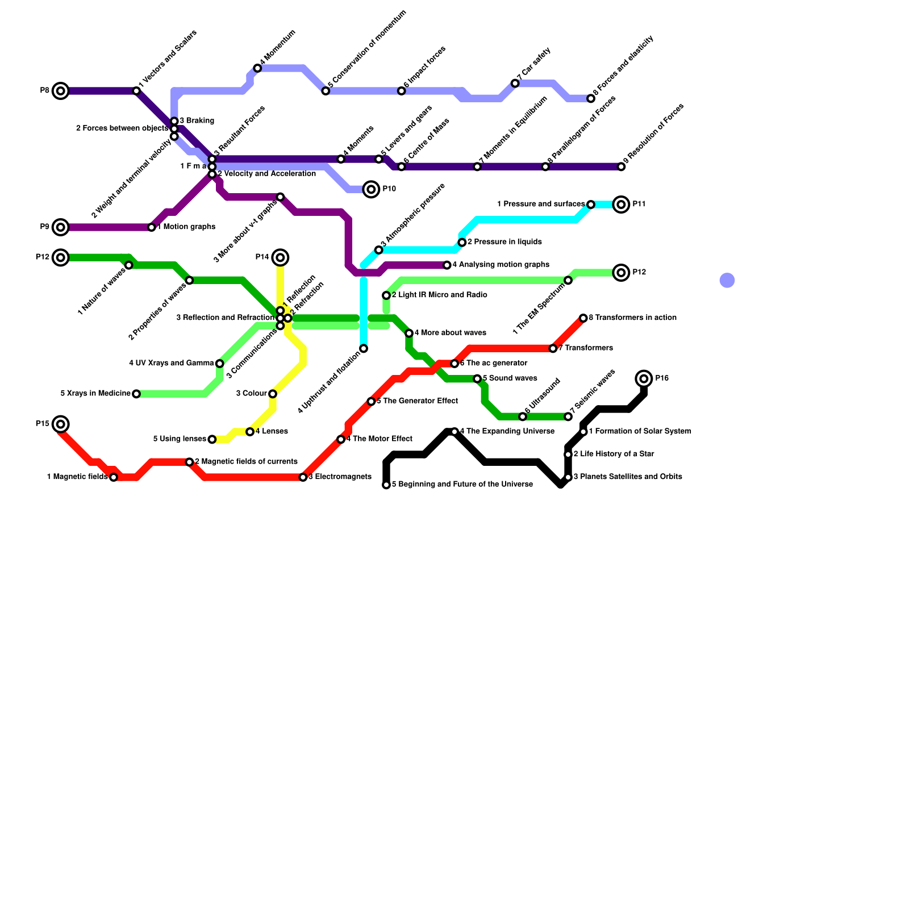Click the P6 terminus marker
(x=61, y=91)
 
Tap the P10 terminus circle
(x=371, y=189)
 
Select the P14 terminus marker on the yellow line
(x=280, y=257)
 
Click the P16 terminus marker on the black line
(x=644, y=378)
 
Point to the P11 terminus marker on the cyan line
(x=622, y=205)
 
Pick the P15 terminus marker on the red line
(x=61, y=424)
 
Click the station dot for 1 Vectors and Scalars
(x=136, y=91)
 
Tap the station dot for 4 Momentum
(x=257, y=68)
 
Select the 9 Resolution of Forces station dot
(x=622, y=166)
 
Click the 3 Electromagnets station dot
(x=303, y=477)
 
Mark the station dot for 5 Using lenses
(x=212, y=439)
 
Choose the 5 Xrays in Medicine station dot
(x=136, y=394)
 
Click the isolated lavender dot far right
(x=727, y=280)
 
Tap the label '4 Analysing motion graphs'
(x=501, y=265)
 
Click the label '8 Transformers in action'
(x=632, y=318)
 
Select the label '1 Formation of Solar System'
(x=640, y=431)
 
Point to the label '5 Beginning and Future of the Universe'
(x=462, y=485)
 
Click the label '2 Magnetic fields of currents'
(x=246, y=462)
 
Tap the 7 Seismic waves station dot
(x=568, y=417)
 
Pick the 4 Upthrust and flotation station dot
(x=364, y=348)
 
